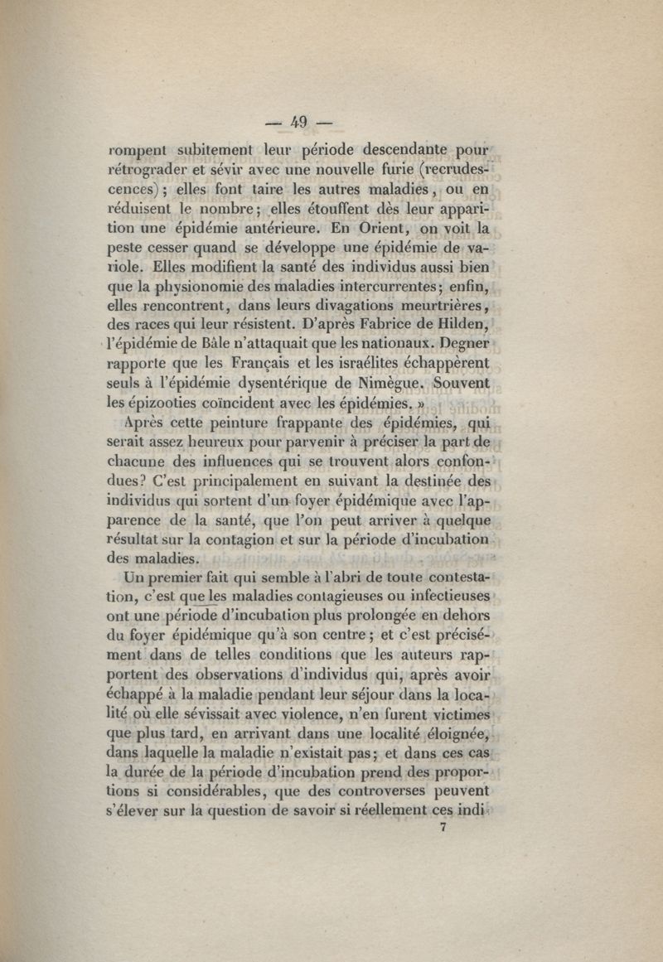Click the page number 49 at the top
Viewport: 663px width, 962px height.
[298, 122]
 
